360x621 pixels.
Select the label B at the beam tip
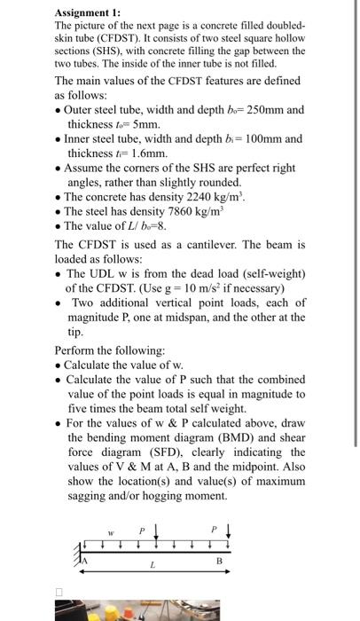218,562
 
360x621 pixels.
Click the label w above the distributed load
110,534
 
